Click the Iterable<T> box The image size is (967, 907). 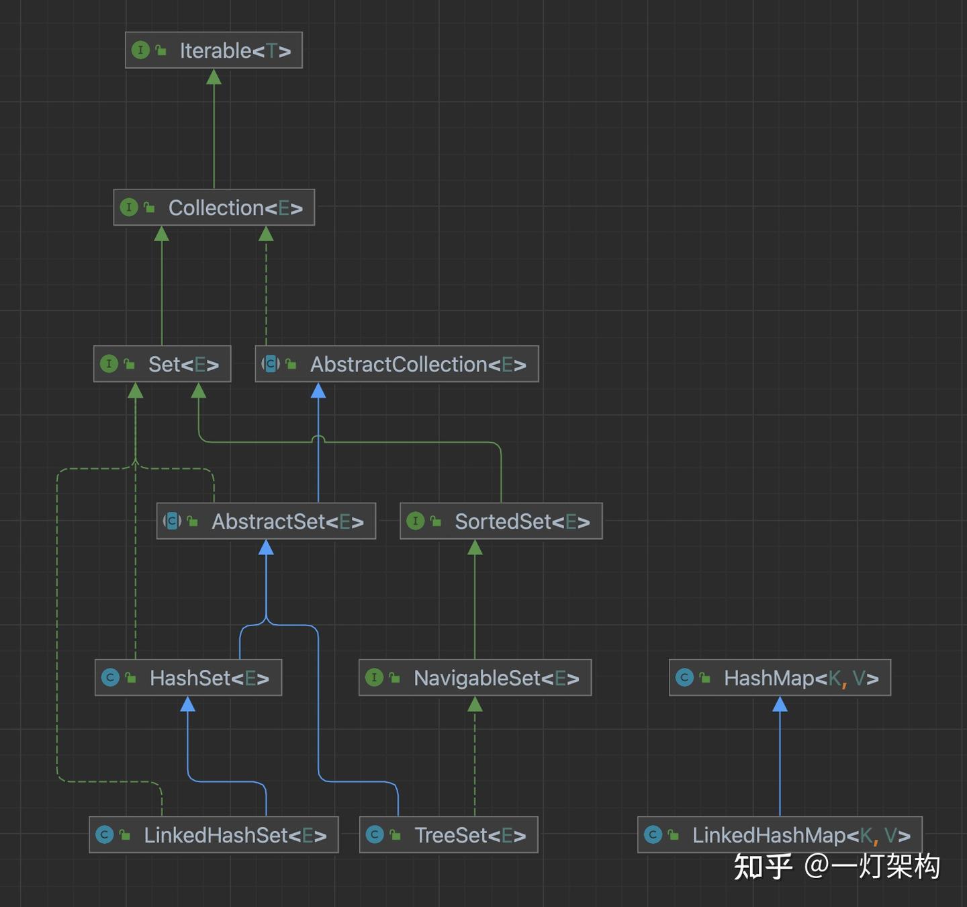pos(214,50)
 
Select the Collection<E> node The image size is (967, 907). pos(214,208)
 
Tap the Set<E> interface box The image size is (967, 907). pos(162,364)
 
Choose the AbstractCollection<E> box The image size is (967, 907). pos(397,364)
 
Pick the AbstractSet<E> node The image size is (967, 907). pos(267,521)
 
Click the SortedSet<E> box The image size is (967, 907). pos(501,521)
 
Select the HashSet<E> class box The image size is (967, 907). pos(189,677)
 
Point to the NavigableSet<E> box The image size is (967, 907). pos(475,677)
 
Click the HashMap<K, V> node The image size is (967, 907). pos(780,677)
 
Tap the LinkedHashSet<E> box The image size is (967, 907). pos(214,835)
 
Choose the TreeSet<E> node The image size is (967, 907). pos(449,835)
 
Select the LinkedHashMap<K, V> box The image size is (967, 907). pos(780,835)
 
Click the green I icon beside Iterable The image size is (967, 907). pos(141,50)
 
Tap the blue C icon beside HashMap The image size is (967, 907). pos(684,677)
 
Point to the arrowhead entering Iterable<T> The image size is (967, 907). pos(214,77)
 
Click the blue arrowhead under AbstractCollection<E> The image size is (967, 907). pos(318,390)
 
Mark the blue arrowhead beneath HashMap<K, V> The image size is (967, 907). pos(780,704)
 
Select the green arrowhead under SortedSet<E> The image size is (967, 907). pos(475,548)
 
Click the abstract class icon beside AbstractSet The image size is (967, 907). pos(172,521)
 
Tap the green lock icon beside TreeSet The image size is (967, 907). pos(396,835)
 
